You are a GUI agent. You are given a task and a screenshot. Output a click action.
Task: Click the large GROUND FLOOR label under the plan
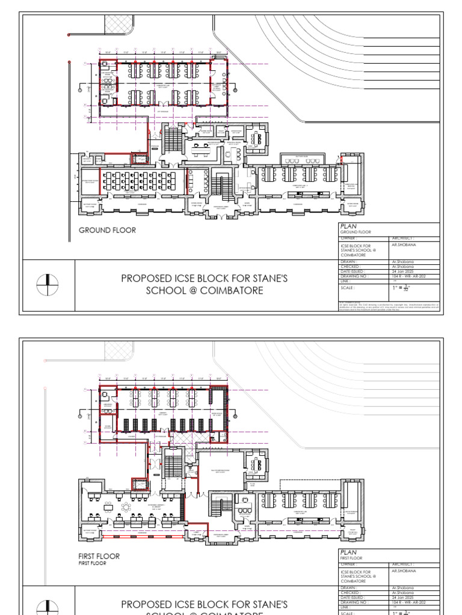click(x=107, y=230)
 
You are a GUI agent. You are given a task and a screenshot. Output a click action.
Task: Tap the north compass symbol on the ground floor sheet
click(x=48, y=285)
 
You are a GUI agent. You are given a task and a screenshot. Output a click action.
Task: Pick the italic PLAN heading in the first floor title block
click(x=349, y=552)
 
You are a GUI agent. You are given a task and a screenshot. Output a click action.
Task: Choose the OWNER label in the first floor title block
click(x=350, y=565)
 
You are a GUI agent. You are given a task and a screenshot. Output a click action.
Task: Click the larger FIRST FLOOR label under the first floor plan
click(x=99, y=556)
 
